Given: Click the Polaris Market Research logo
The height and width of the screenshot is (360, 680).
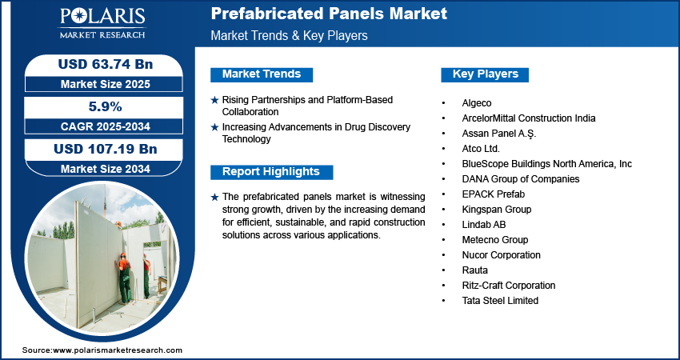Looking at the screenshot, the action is click(102, 23).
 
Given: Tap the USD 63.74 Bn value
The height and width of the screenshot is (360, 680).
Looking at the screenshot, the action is click(106, 64).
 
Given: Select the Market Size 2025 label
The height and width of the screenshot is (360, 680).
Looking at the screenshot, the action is click(106, 84).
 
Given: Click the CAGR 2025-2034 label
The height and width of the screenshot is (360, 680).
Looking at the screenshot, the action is click(106, 126).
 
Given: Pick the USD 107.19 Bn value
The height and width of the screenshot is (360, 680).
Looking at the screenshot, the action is click(106, 150).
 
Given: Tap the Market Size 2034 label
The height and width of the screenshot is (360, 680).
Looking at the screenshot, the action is click(106, 169).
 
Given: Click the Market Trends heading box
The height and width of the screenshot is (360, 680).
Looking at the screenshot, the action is click(262, 74).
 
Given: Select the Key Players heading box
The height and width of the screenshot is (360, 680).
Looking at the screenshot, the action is click(485, 74).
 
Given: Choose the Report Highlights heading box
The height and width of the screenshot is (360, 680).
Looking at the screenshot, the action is click(271, 172).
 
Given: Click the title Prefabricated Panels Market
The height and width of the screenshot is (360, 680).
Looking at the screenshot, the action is click(329, 14).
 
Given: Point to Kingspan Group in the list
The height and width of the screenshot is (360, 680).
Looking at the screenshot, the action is click(497, 210).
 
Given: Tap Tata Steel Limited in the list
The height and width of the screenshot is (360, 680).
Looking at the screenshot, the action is click(500, 301).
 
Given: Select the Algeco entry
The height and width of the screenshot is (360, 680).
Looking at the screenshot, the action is click(477, 103).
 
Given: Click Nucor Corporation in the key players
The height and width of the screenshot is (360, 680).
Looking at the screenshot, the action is click(502, 255).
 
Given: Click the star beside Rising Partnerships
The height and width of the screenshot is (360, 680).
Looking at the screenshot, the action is click(214, 100).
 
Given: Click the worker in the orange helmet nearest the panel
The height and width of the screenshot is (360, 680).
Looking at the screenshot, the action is click(124, 278).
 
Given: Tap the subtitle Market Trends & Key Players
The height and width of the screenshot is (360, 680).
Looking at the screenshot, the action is click(289, 35).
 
